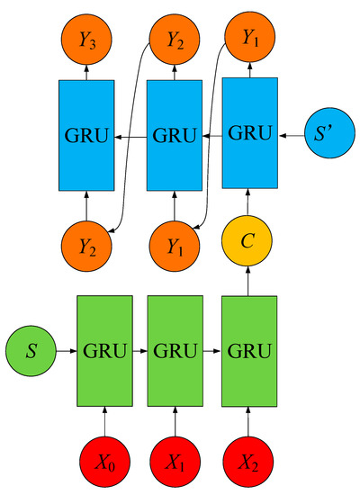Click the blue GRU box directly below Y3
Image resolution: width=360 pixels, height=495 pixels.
coord(86,138)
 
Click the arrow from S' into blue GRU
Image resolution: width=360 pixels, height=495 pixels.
coord(290,137)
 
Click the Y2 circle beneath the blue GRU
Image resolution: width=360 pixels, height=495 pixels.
coord(86,242)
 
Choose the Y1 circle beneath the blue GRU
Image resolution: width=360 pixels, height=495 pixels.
coord(175,242)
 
